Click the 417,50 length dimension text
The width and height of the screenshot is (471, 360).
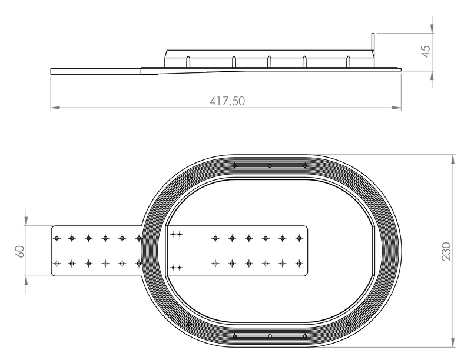tap(227, 101)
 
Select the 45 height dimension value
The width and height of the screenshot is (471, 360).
tap(426, 51)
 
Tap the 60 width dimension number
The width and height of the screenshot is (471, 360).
tap(20, 251)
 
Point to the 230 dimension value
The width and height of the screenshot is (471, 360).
tap(446, 251)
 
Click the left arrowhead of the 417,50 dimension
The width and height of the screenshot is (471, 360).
tap(55, 108)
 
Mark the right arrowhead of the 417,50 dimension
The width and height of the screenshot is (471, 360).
tap(396, 108)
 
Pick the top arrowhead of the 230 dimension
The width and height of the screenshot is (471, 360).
tap(453, 159)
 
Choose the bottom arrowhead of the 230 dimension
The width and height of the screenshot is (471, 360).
tap(453, 342)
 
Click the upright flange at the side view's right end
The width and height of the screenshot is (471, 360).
tap(373, 50)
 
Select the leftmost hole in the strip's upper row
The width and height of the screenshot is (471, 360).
tap(57, 238)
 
